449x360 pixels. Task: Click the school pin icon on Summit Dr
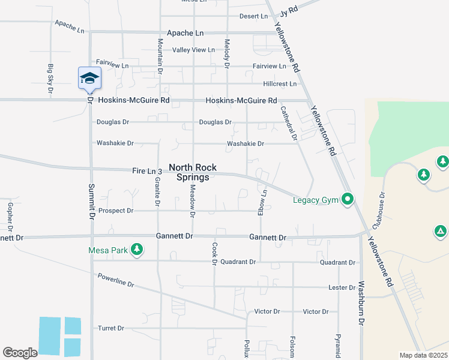coord(89,79)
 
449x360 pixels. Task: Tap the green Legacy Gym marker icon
coord(348,199)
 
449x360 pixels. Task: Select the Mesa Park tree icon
coord(137,250)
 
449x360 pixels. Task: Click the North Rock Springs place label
coord(193,173)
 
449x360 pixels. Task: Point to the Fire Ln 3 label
coord(148,171)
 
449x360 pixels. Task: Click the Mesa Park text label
coord(108,250)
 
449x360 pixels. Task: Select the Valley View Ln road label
coord(193,50)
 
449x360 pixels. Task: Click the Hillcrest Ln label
coord(280,84)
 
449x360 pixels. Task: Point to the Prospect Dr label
coord(116,211)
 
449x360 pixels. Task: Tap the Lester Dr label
coord(342,287)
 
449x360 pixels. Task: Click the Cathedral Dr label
coord(288,124)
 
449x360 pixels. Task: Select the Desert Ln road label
coord(253,16)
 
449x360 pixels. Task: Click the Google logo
coord(20,353)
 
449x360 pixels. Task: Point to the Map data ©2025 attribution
coord(423,355)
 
